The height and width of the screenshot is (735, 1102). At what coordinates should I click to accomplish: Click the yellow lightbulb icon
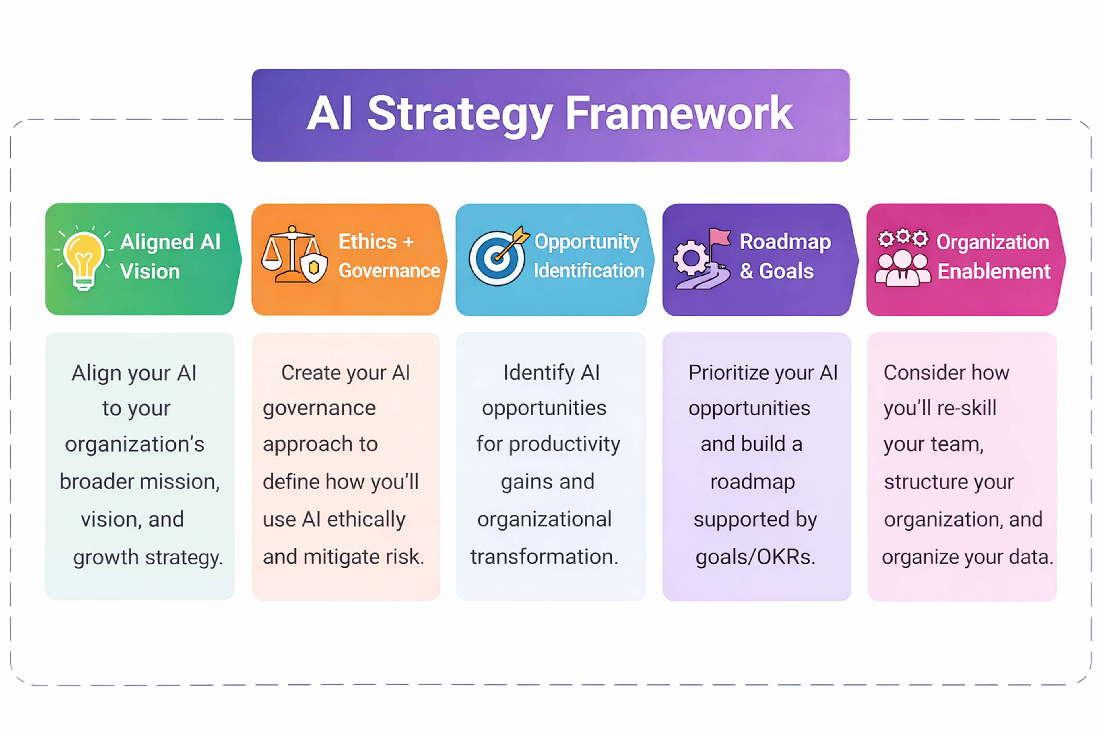tap(84, 259)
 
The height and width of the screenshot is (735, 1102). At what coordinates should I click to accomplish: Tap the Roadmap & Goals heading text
tap(785, 256)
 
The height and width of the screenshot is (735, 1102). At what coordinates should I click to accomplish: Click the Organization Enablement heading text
tap(993, 256)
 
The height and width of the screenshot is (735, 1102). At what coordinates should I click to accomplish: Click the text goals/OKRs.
tap(755, 557)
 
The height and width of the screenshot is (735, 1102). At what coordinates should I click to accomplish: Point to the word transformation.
tap(544, 557)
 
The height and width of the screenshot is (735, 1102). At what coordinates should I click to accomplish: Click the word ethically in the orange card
tap(366, 519)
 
